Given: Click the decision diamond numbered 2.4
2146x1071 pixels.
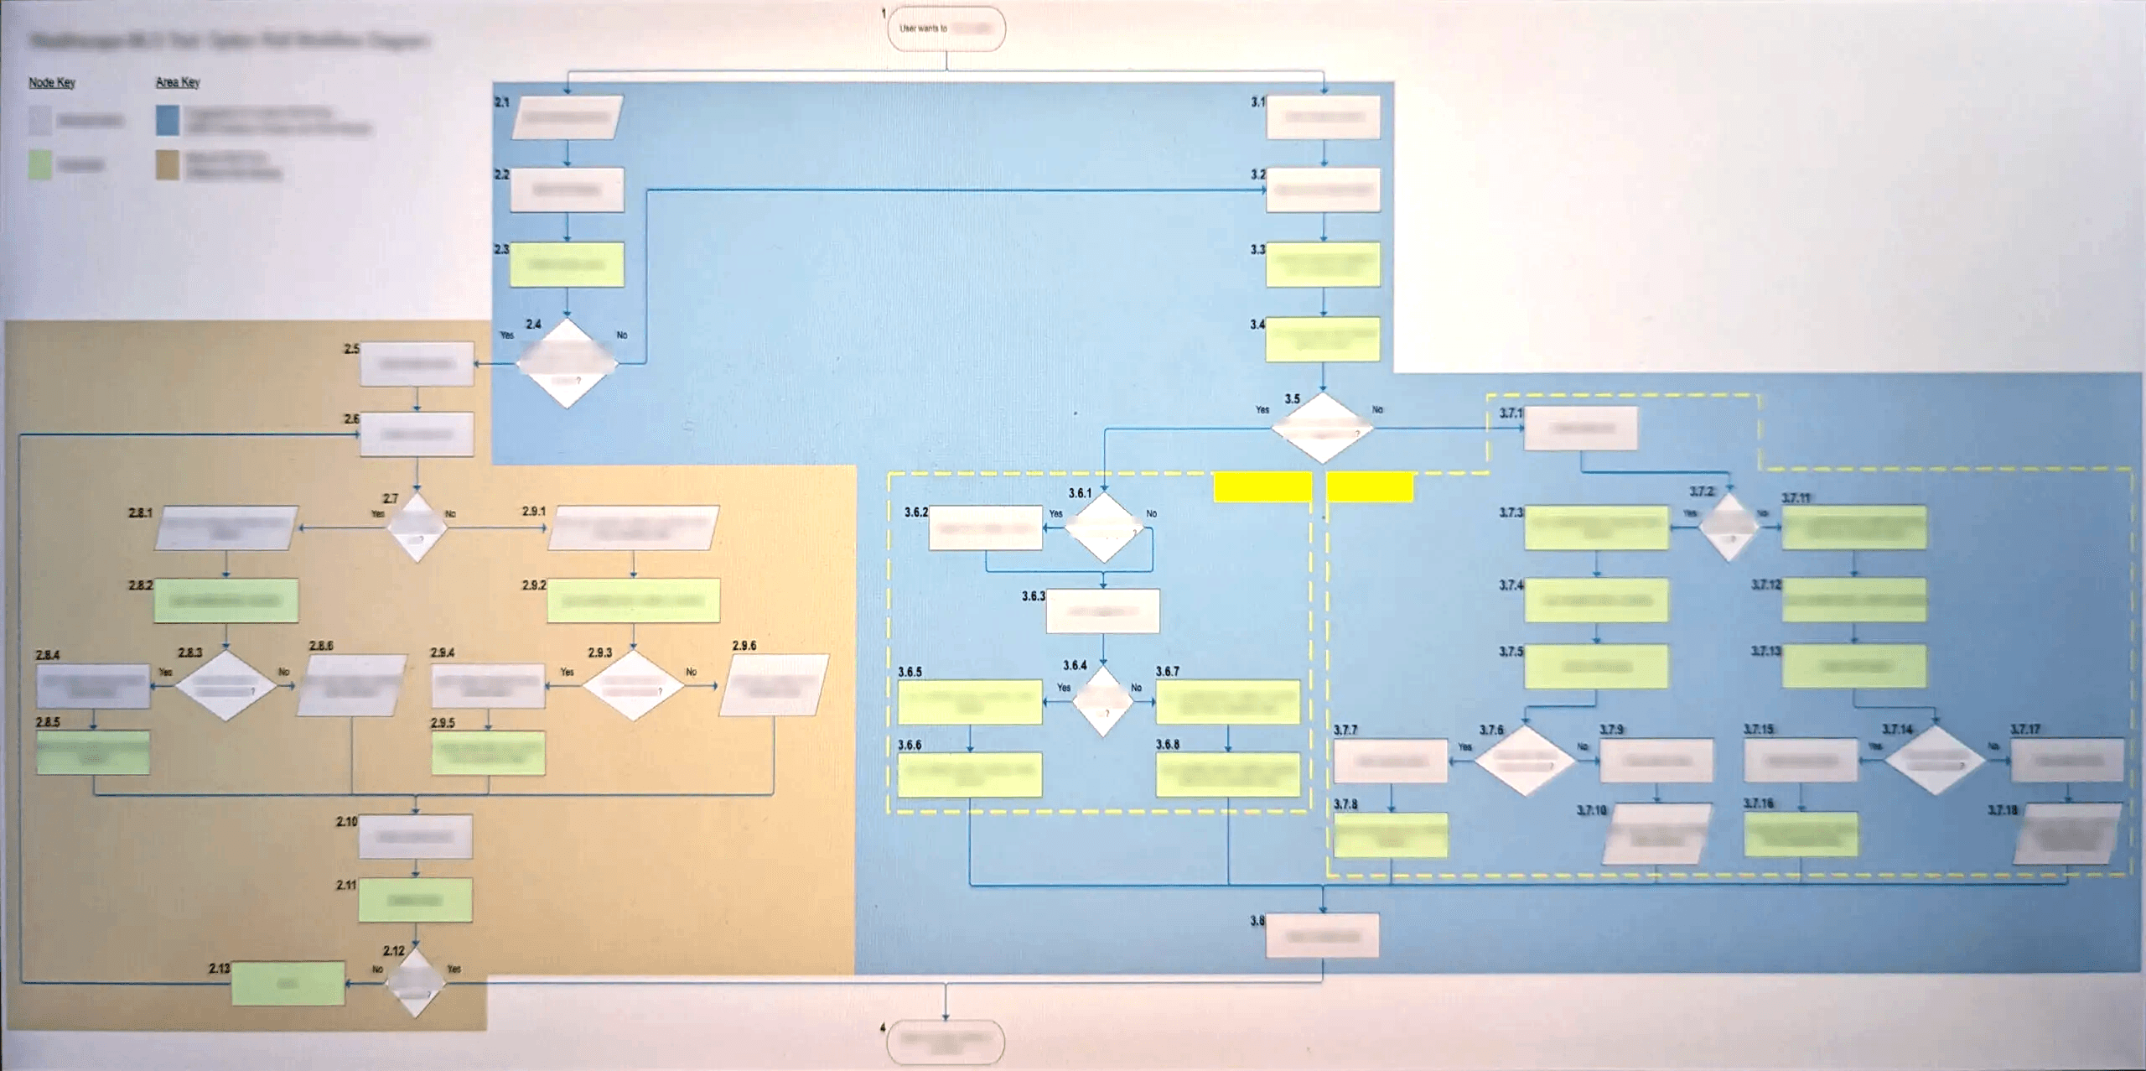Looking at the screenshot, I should [567, 363].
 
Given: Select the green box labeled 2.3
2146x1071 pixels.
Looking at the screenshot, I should [568, 265].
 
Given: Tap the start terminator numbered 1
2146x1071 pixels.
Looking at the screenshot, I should [946, 29].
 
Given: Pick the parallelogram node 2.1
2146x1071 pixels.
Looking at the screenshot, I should [568, 118].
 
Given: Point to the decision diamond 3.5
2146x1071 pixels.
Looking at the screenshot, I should [1323, 428].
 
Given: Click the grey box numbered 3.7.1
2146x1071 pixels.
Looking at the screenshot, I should [1580, 429].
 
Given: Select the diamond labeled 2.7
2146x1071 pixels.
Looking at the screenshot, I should [417, 528].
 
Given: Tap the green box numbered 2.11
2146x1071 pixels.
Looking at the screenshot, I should [415, 900].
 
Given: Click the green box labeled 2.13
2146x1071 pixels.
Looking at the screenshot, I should [288, 983].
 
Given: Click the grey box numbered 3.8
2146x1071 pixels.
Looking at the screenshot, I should [1322, 936].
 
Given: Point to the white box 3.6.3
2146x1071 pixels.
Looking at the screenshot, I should [1102, 611].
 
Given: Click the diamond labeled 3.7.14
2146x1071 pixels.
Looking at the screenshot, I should [1935, 760].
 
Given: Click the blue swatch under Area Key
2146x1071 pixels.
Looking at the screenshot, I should [168, 121].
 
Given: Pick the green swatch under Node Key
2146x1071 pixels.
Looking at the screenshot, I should [40, 164].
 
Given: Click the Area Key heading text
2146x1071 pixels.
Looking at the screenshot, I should [178, 82].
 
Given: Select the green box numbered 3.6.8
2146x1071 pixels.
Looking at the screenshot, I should [1227, 774].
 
